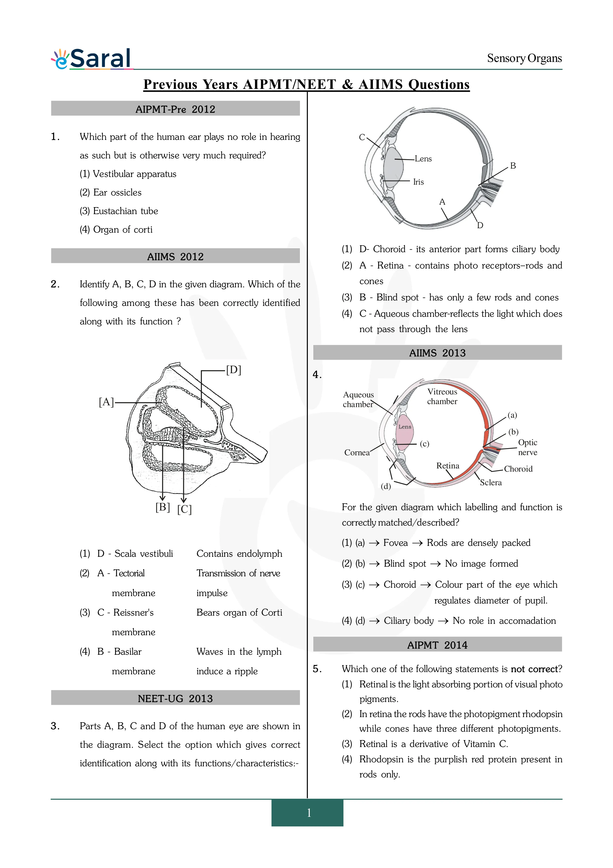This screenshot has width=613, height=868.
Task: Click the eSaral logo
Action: coord(92,59)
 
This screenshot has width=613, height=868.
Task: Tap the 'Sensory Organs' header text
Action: coord(524,59)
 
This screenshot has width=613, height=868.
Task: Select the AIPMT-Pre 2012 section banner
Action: coord(175,109)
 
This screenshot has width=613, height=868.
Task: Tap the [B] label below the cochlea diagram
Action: coord(162,507)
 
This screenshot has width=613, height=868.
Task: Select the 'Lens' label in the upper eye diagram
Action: coord(423,159)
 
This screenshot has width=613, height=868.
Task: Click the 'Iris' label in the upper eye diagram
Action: coord(418,182)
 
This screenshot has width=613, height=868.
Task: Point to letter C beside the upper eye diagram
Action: coord(362,137)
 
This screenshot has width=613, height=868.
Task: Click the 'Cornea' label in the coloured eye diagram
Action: coord(357,453)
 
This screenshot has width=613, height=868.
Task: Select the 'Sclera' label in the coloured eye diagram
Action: coord(491,482)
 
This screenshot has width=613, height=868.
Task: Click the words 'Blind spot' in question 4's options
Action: coord(405,564)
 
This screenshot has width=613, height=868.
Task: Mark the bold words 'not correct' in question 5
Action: coord(534,669)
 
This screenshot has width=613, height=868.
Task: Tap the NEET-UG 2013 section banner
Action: coord(175,698)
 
